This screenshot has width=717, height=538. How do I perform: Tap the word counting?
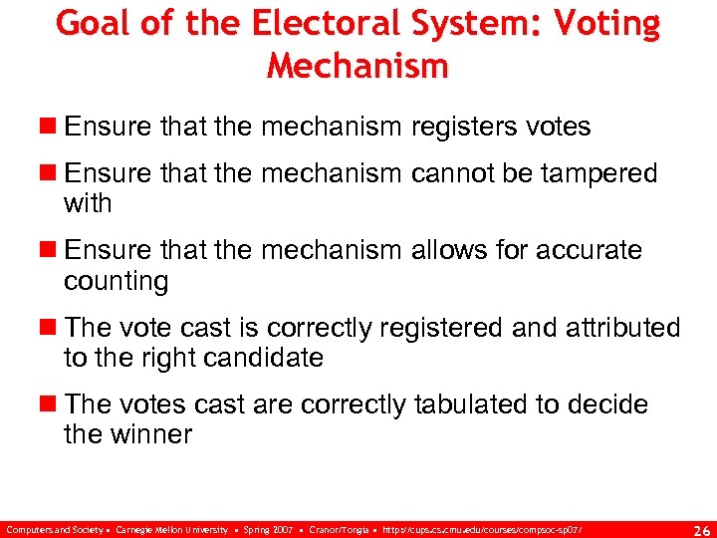pyautogui.click(x=117, y=281)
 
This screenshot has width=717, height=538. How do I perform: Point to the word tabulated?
pyautogui.click(x=481, y=404)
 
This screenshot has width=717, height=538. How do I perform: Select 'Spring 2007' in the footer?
pyautogui.click(x=269, y=528)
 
